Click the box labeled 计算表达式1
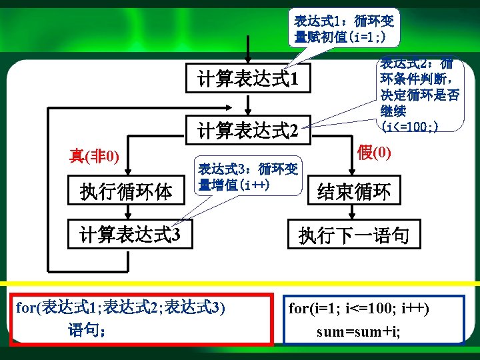click(247, 81)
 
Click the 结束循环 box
click(353, 192)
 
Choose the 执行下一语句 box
click(353, 235)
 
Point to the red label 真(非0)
click(95, 157)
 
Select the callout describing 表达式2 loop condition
click(419, 93)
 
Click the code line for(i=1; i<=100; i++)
click(359, 309)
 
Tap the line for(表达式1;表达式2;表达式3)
click(121, 307)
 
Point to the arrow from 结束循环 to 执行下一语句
click(353, 212)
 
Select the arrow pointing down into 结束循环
click(353, 163)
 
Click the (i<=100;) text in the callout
click(409, 125)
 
